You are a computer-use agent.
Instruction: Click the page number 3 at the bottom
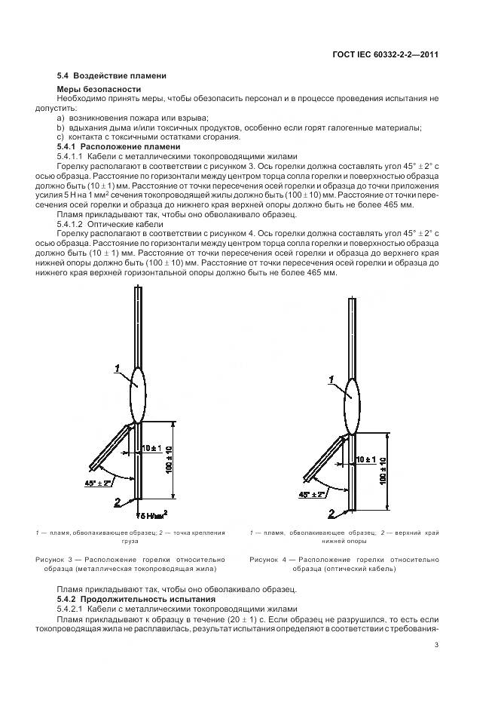(x=436, y=643)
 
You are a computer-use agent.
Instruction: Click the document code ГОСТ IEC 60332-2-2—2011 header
(x=386, y=55)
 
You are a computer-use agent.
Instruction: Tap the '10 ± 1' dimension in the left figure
(x=150, y=449)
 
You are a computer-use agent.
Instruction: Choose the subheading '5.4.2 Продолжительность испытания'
(x=136, y=597)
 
